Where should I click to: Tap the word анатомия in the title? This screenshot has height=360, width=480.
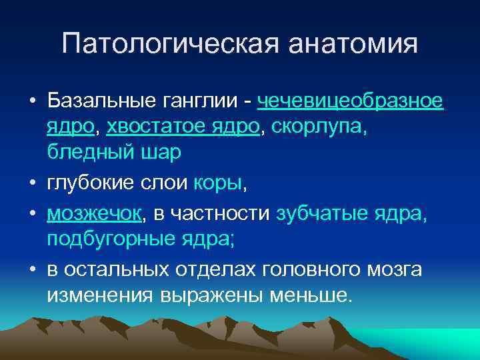353,45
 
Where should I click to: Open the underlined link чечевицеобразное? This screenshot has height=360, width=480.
349,101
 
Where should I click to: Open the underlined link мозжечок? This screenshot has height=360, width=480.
94,213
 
